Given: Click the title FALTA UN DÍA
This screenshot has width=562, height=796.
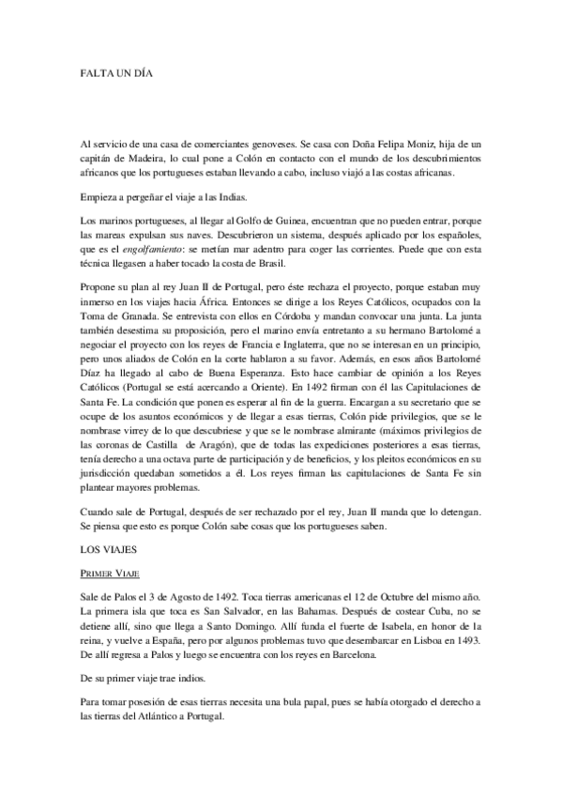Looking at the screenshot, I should point(114,71).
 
